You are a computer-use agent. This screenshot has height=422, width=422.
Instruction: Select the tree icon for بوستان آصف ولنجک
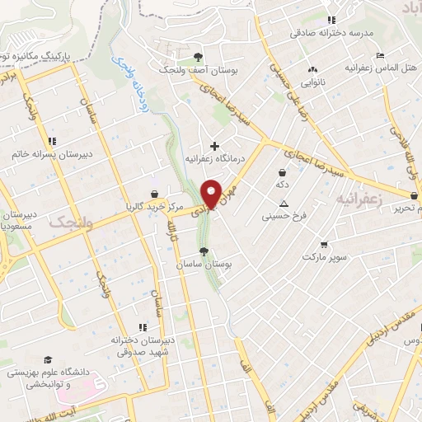[x=197, y=56]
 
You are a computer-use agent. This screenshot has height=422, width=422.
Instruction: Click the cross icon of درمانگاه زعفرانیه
[x=215, y=146]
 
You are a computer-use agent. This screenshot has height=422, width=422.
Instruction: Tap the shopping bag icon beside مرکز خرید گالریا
[x=154, y=193]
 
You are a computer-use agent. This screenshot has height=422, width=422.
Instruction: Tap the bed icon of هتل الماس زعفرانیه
[x=379, y=55]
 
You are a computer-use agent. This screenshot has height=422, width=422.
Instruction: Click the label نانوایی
[x=313, y=82]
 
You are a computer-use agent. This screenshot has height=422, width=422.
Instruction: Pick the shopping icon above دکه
[x=284, y=173]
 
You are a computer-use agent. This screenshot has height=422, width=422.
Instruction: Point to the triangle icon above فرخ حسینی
[x=284, y=204]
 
